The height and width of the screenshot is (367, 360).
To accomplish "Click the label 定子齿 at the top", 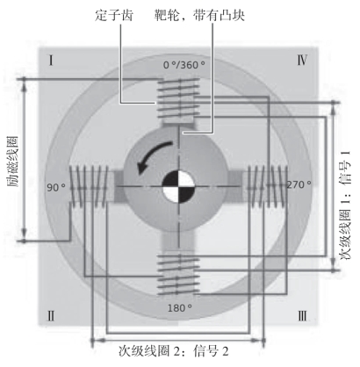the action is [114, 15].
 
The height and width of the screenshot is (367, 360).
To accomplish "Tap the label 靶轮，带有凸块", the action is [200, 15].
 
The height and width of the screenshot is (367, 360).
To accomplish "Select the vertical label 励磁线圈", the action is [13, 162].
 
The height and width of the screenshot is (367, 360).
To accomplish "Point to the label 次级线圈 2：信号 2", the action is [174, 351].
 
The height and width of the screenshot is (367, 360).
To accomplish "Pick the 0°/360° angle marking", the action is [184, 65].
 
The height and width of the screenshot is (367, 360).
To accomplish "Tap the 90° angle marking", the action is [56, 187].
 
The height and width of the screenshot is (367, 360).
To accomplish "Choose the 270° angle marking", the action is [299, 184].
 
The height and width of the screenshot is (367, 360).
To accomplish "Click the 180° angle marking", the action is [180, 307].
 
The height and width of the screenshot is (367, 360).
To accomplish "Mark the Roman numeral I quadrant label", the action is [51, 61].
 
